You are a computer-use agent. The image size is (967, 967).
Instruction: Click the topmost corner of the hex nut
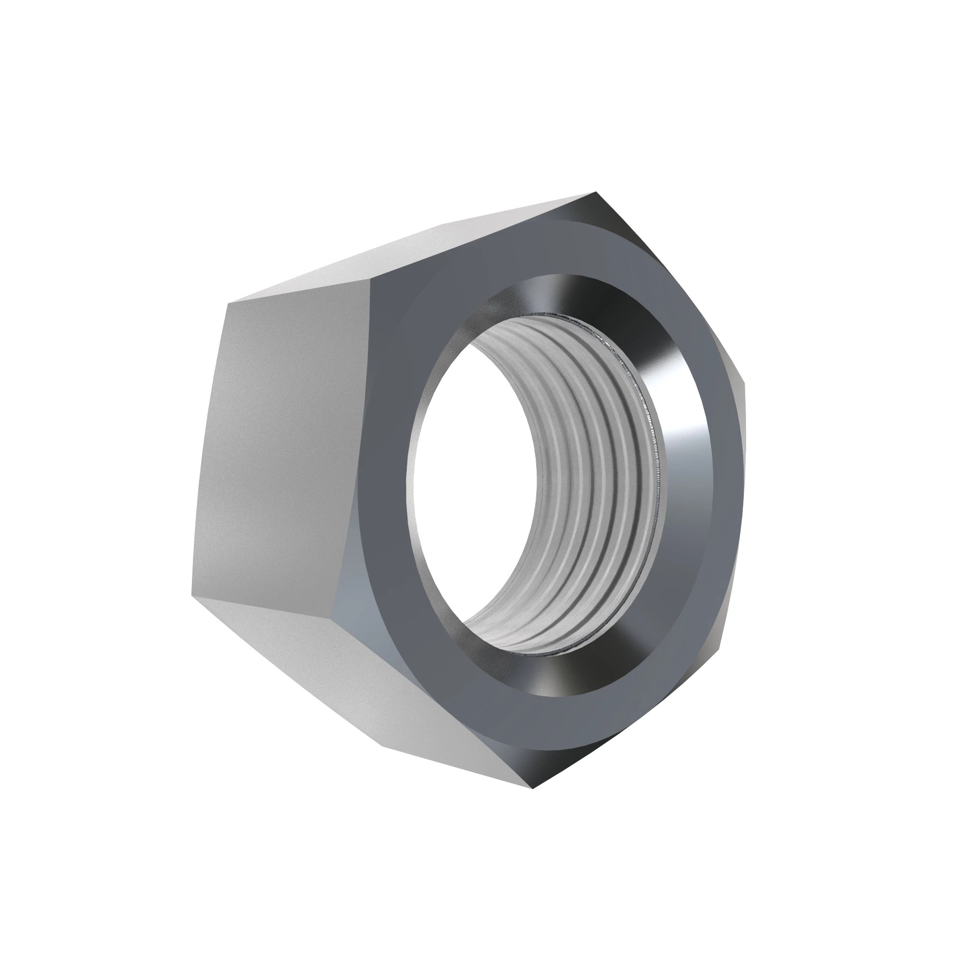click(595, 192)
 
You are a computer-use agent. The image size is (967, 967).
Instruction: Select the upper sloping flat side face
click(425, 250)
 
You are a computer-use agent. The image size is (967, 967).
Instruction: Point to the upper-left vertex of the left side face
click(228, 303)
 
